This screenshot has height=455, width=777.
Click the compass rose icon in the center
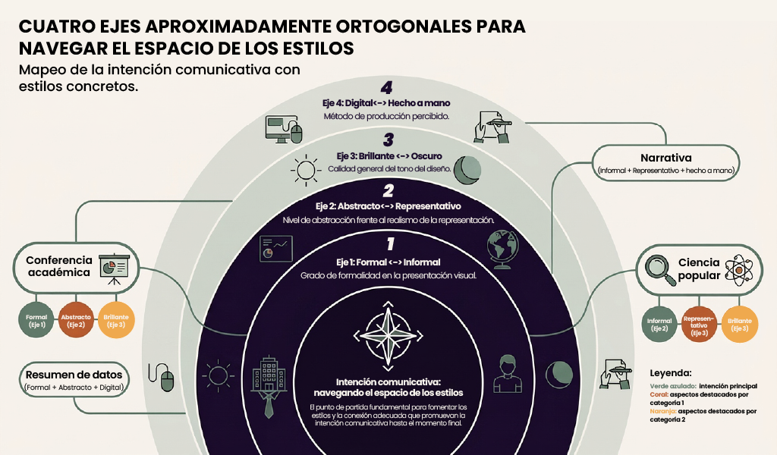click(388, 336)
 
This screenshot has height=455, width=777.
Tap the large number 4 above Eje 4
click(386, 88)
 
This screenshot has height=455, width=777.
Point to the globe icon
click(503, 249)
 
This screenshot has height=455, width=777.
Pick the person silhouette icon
click(508, 373)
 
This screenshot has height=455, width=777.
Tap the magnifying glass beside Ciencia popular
click(660, 270)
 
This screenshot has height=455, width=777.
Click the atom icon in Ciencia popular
click(739, 270)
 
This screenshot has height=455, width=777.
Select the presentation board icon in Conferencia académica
click(115, 269)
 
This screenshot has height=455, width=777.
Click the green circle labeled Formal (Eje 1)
click(36, 320)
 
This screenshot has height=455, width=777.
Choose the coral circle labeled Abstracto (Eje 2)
click(76, 320)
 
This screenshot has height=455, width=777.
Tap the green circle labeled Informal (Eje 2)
click(659, 325)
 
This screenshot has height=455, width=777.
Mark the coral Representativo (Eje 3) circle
click(699, 325)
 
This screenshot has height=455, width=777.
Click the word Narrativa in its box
click(665, 158)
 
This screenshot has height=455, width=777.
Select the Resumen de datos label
click(74, 375)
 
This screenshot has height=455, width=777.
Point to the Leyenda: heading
click(671, 373)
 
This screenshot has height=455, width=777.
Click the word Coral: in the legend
click(659, 394)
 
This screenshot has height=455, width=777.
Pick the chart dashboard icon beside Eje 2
click(276, 249)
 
